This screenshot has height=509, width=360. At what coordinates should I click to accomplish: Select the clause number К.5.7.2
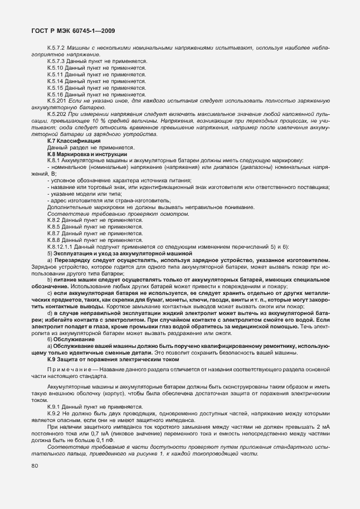[57, 49]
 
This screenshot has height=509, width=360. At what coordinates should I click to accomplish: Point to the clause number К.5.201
[57, 100]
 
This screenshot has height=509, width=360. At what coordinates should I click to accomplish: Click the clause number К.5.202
[57, 114]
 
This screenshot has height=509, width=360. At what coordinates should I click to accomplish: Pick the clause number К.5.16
[56, 94]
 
